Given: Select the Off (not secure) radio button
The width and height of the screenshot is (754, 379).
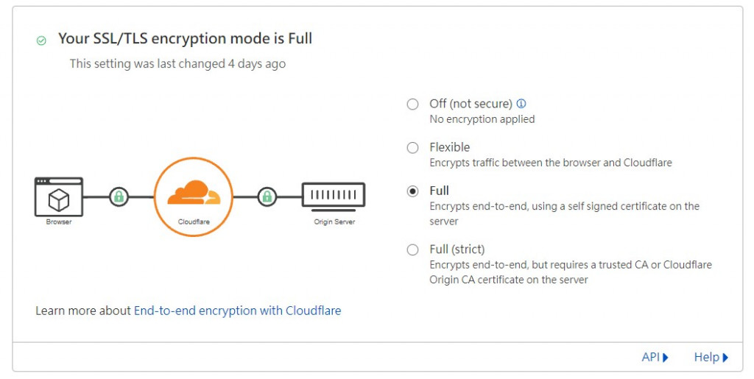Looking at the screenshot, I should point(413,104).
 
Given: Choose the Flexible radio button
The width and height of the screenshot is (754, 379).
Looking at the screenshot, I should point(413,148).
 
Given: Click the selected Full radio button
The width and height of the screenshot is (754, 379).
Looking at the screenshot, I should point(413,191).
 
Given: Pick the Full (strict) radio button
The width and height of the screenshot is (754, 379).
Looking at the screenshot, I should point(413,249).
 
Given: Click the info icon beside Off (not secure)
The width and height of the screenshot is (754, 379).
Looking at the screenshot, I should point(521,104).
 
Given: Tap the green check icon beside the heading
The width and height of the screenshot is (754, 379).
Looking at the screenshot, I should point(41,40).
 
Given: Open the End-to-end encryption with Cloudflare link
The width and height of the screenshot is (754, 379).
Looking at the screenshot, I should point(237,311).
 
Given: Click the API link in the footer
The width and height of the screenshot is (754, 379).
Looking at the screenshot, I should point(655,357).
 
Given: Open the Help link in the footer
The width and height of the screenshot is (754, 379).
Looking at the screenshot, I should point(711,357).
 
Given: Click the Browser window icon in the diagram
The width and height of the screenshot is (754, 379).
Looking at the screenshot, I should point(59,196).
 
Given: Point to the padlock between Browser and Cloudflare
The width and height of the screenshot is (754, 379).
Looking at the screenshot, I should point(119,197).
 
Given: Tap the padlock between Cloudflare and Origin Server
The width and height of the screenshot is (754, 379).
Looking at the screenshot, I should point(267,197).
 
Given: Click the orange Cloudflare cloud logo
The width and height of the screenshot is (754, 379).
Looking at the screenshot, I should point(193,193).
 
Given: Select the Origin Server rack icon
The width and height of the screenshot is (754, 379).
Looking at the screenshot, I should point(334,196).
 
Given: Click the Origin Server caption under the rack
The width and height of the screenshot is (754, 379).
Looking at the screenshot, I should point(334,222).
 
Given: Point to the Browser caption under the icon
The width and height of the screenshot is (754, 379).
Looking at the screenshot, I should point(59,222).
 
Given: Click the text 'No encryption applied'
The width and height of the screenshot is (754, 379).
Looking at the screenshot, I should point(482,119).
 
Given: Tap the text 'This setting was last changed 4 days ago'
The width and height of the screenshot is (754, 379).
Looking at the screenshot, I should point(177,64).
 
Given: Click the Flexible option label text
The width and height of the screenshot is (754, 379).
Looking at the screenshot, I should point(450,147).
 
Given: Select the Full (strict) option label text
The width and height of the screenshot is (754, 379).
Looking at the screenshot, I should point(457,249).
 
